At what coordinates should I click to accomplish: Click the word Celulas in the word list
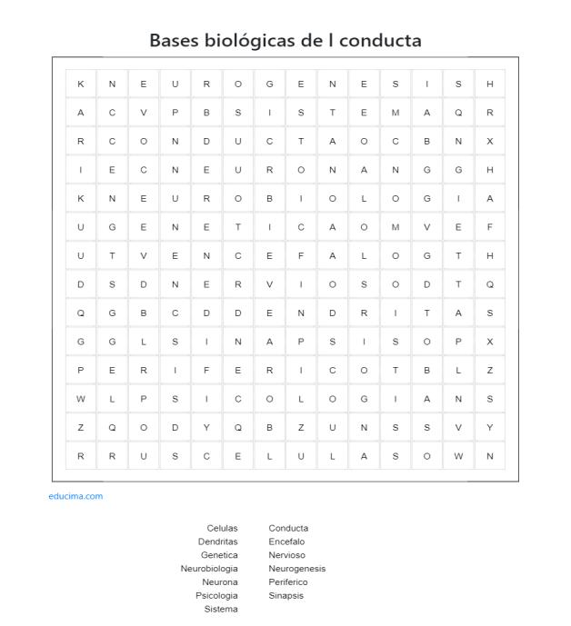tap(222, 528)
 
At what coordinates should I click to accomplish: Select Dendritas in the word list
tap(217, 542)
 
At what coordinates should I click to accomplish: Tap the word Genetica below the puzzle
tap(219, 555)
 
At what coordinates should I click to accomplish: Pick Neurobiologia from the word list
tap(209, 569)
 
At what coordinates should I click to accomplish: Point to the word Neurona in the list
tap(220, 582)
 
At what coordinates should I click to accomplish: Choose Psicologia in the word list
tap(216, 596)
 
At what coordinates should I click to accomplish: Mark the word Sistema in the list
tap(221, 610)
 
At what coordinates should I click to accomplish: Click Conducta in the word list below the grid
tap(288, 528)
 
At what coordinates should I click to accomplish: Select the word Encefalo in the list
tap(286, 542)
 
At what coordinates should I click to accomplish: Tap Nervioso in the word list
tap(286, 555)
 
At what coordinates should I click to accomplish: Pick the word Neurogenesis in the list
tap(296, 569)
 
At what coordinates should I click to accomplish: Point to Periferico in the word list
tap(287, 582)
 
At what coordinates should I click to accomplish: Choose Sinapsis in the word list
tap(285, 596)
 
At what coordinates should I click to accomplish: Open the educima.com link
tap(75, 496)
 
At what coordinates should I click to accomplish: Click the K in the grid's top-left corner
tap(81, 84)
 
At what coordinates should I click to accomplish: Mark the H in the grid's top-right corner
tap(490, 84)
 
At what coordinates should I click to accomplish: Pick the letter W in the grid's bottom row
tap(458, 456)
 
